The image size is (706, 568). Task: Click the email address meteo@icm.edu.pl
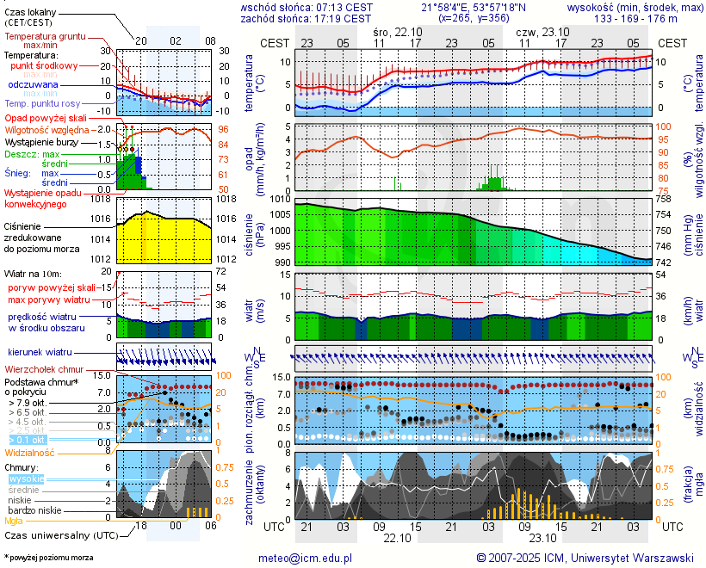coord(306,558)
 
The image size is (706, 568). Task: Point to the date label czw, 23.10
coord(542,31)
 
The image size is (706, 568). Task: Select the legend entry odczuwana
coord(33,85)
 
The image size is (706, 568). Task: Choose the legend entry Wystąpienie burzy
coord(40,141)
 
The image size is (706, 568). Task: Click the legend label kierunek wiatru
coord(40,353)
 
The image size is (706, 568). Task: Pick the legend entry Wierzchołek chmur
coord(43,369)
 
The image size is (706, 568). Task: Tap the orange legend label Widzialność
coord(30,452)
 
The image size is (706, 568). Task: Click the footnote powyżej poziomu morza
coord(50,558)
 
